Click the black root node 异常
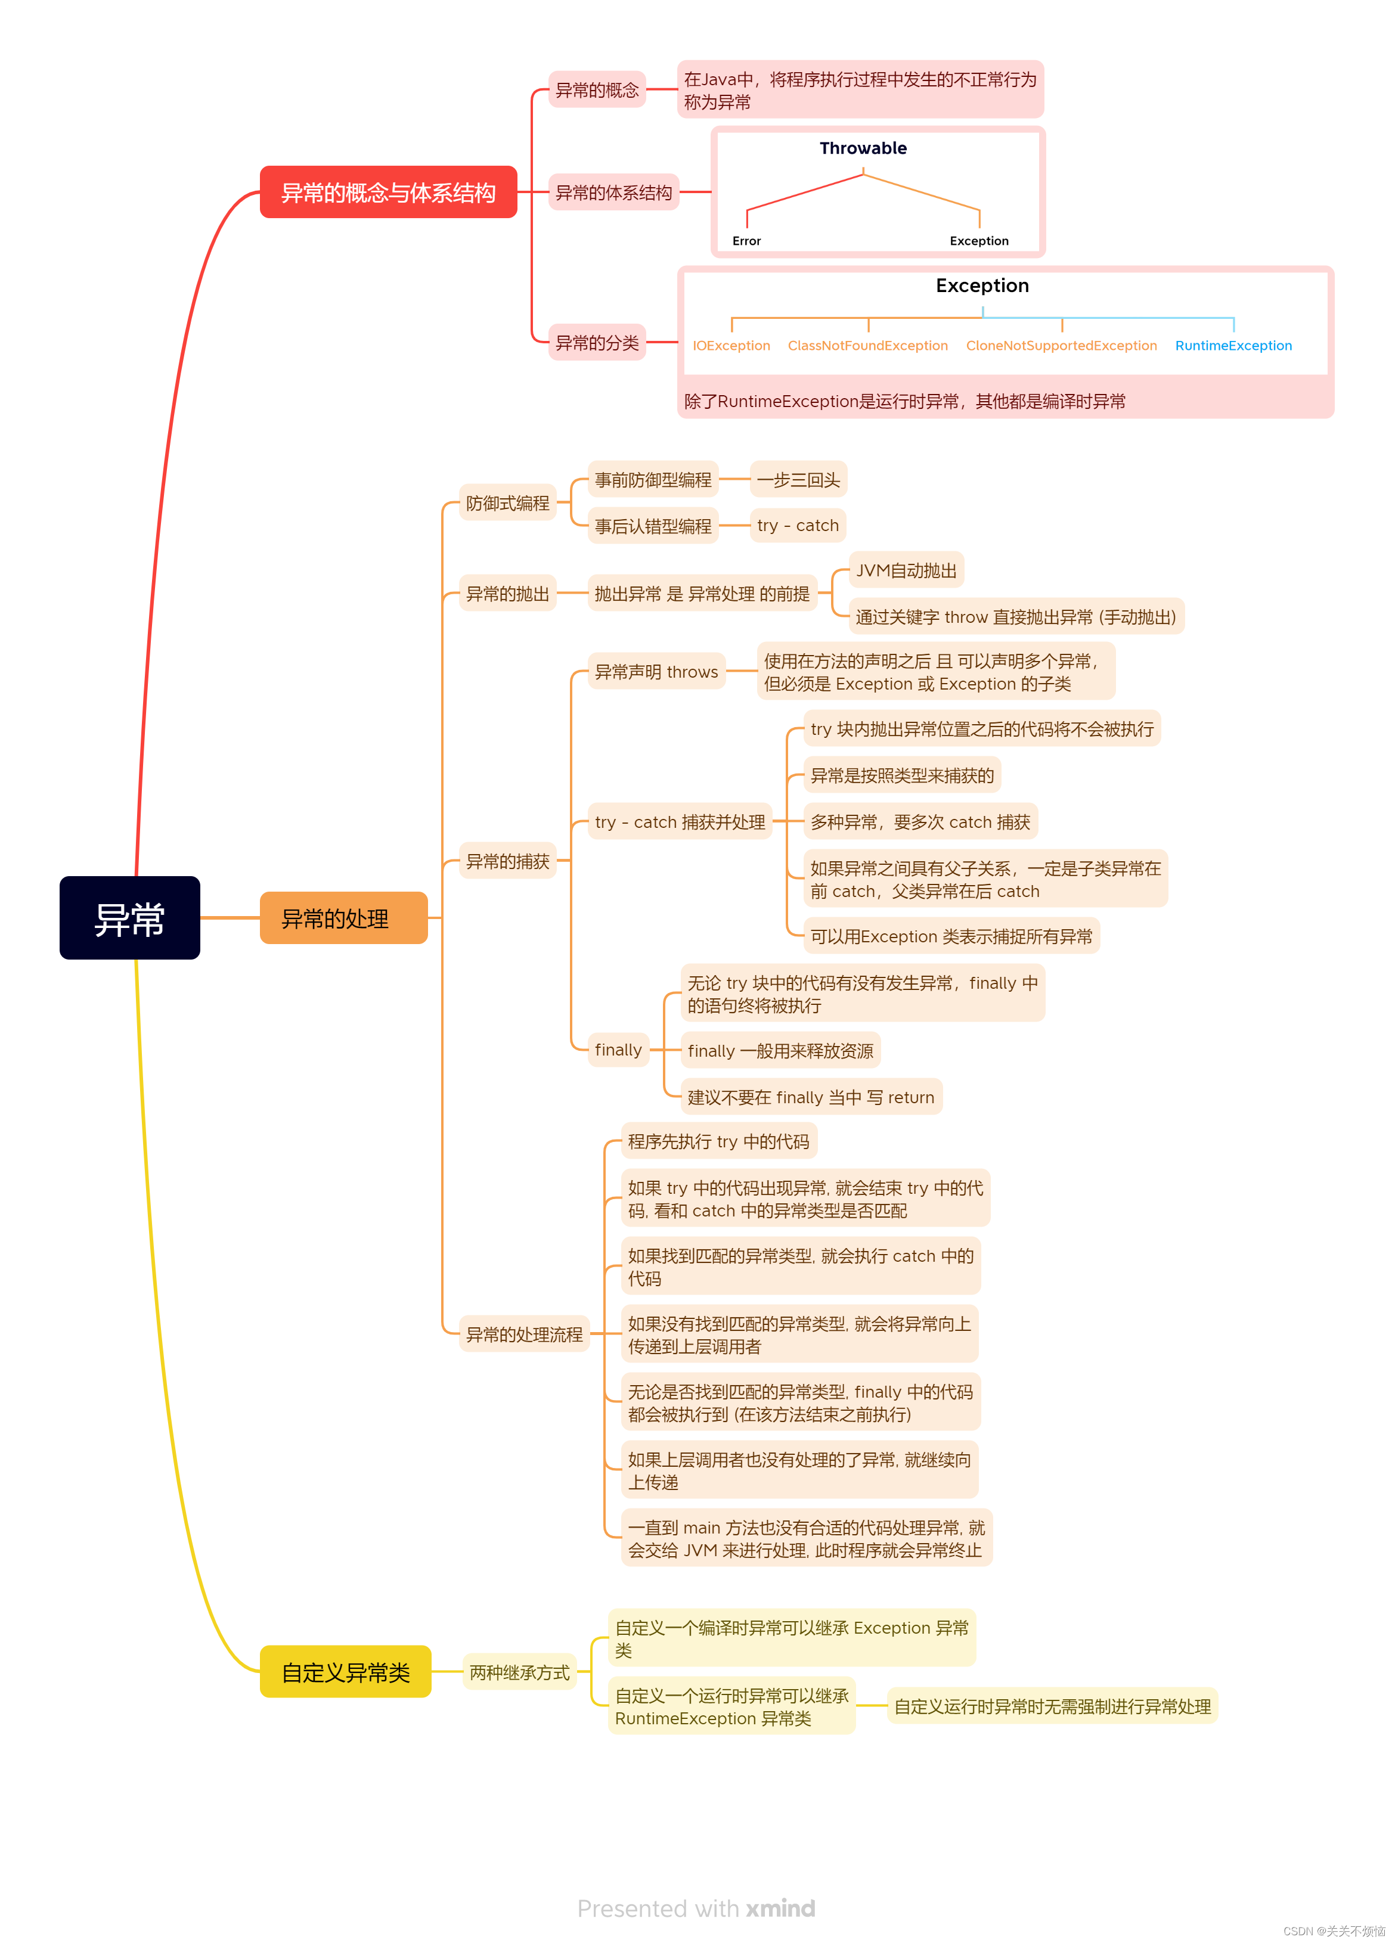129,917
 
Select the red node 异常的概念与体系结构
388,192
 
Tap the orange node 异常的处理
343,917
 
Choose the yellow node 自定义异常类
345,1671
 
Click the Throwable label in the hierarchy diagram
862,148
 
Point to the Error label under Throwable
746,241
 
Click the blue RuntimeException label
1233,345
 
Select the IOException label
731,345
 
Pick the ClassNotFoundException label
867,345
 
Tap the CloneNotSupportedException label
1061,345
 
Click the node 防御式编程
507,503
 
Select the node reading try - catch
798,525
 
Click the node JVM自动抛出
906,570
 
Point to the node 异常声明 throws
656,672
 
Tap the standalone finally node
618,1050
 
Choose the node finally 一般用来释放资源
780,1050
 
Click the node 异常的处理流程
523,1334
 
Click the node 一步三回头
798,480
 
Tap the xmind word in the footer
780,1908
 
